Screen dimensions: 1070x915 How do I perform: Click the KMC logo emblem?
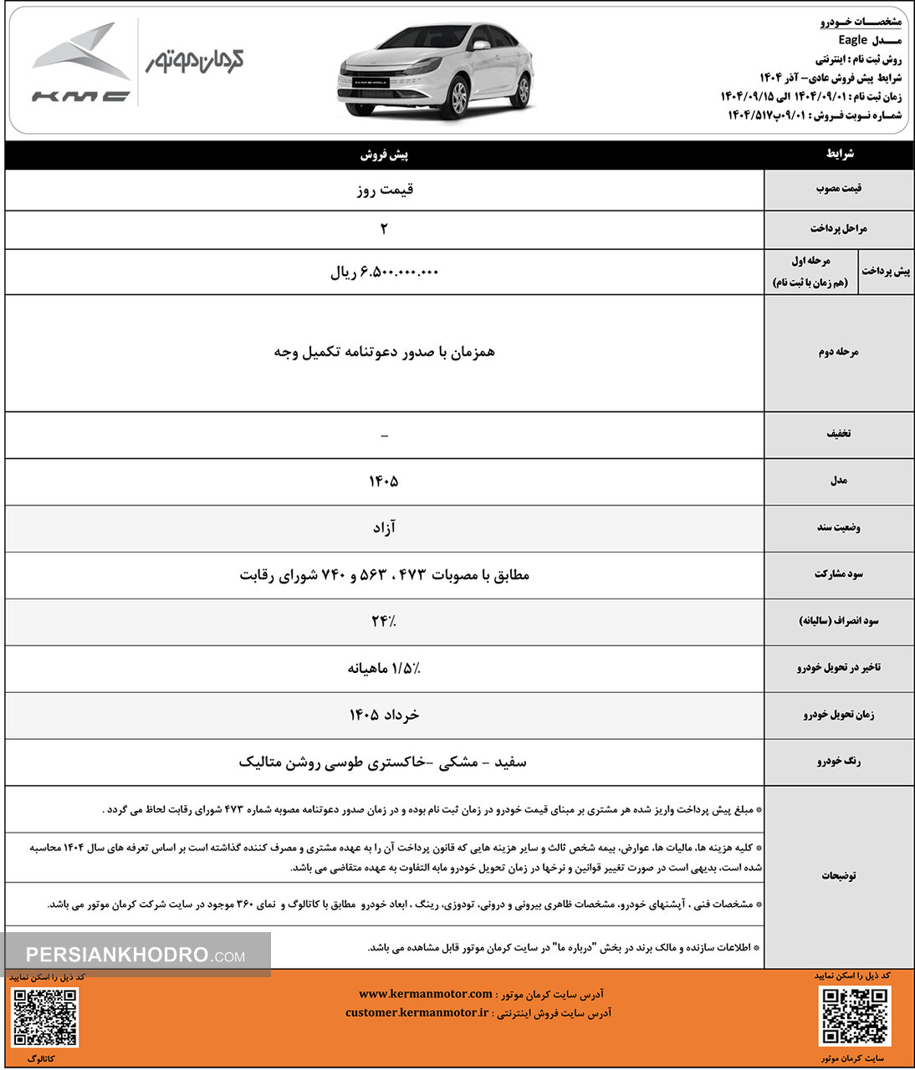[80, 63]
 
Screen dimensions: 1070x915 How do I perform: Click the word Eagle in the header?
[853, 40]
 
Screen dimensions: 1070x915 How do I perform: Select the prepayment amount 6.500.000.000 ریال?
[384, 273]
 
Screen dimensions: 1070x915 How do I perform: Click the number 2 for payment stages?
[384, 229]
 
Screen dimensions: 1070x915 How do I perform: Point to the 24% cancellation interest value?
[384, 621]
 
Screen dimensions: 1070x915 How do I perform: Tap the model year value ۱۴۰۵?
[384, 481]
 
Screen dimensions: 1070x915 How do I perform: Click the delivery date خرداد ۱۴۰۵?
[384, 715]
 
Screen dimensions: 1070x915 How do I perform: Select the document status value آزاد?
[384, 527]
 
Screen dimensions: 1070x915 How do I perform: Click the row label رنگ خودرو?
[838, 762]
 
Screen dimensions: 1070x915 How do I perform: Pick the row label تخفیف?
[838, 434]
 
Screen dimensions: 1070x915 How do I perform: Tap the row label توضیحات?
[838, 875]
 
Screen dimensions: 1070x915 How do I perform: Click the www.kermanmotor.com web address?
[425, 994]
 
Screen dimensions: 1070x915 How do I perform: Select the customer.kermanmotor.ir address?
[417, 1012]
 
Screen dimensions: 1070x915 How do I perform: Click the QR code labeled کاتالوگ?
[46, 1017]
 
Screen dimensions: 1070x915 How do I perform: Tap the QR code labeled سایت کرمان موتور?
[854, 1016]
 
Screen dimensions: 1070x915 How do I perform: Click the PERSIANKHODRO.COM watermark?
[135, 955]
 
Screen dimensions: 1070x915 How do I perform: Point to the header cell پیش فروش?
[384, 155]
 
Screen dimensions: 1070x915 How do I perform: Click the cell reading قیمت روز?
[384, 190]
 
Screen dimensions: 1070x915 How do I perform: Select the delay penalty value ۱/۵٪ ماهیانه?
[384, 668]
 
